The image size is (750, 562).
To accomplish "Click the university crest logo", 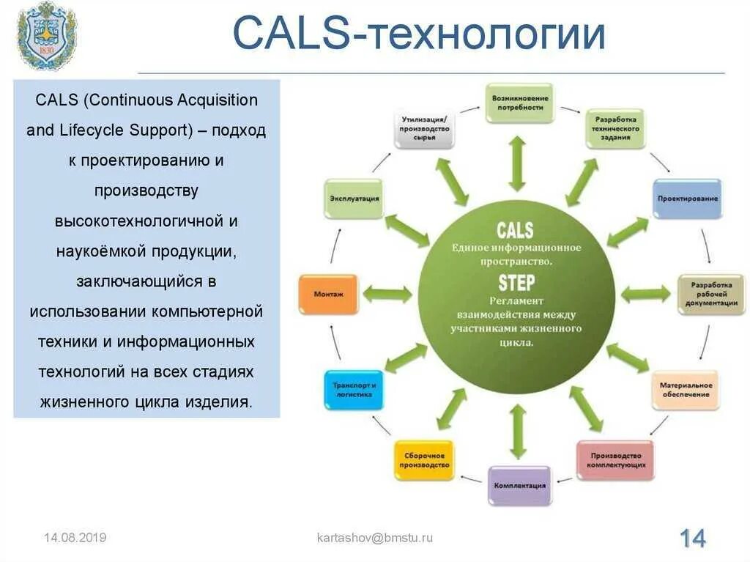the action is pyautogui.click(x=47, y=35).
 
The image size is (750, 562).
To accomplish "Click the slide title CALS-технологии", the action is pyautogui.click(x=419, y=34).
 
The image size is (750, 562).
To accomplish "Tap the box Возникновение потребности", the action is pyautogui.click(x=520, y=103).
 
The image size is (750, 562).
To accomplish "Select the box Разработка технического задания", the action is pyautogui.click(x=615, y=129).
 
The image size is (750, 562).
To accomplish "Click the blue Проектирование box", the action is pyautogui.click(x=687, y=199).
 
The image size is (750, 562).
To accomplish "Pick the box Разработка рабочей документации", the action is pyautogui.click(x=710, y=295).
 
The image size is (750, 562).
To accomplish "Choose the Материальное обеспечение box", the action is pyautogui.click(x=685, y=390).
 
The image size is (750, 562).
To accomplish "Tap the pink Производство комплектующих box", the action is pyautogui.click(x=615, y=460).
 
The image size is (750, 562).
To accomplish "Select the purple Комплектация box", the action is pyautogui.click(x=519, y=486).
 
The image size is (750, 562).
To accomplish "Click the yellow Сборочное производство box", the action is pyautogui.click(x=425, y=460).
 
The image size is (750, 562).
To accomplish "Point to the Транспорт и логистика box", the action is pyautogui.click(x=353, y=390).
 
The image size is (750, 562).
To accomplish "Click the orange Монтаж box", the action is pyautogui.click(x=329, y=295).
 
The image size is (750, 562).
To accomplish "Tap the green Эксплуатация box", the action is pyautogui.click(x=354, y=199).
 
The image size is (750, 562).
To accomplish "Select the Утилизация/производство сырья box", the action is pyautogui.click(x=425, y=129).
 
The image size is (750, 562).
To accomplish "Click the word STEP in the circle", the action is pyautogui.click(x=516, y=283).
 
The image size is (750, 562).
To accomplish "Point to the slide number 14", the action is pyautogui.click(x=692, y=539).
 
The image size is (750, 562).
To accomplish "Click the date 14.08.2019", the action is pyautogui.click(x=75, y=538).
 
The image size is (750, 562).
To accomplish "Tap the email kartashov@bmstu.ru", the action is pyautogui.click(x=374, y=538).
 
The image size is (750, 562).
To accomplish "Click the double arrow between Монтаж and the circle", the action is pyautogui.click(x=387, y=295).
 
